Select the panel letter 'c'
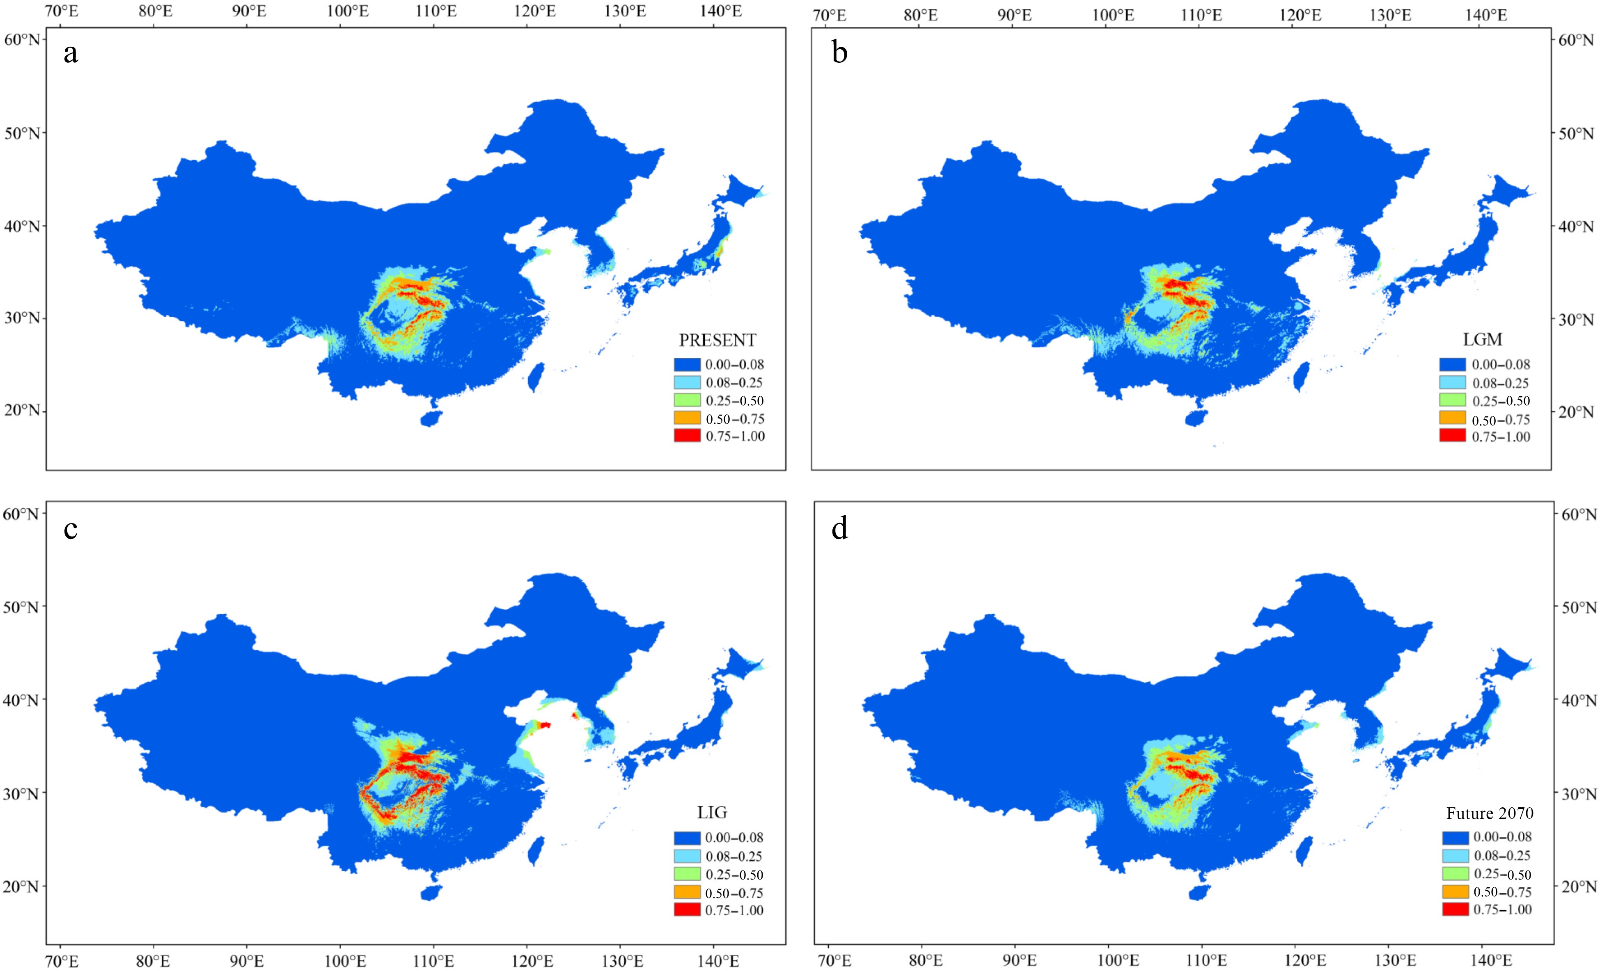71,529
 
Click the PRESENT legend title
717,340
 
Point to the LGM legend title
1483,340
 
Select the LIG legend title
712,813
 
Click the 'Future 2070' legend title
1490,813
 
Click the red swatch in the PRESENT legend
687,436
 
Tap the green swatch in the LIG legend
687,874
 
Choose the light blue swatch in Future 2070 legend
1455,855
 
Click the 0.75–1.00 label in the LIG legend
734,910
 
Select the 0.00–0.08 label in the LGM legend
1501,365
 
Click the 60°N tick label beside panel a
22,40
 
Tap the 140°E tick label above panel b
1486,15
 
